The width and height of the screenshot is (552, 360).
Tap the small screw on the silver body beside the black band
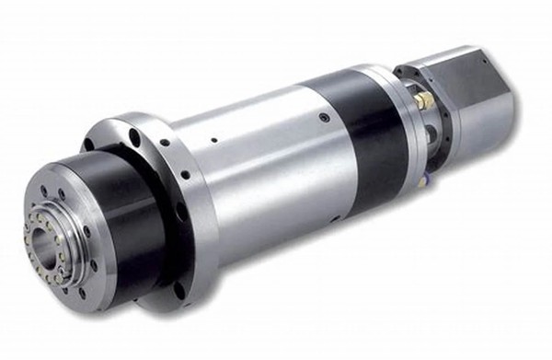click(325, 117)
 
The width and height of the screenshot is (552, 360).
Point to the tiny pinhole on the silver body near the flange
click(213, 141)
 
